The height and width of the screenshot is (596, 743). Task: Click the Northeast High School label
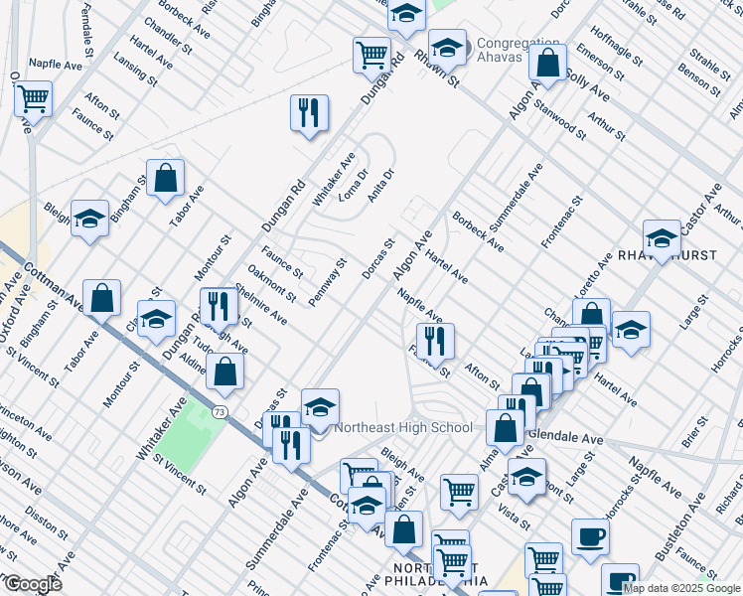(x=403, y=428)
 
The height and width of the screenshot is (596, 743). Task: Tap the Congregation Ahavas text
(x=518, y=51)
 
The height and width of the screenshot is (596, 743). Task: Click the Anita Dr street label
(x=381, y=186)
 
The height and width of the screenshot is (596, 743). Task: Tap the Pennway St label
(x=327, y=282)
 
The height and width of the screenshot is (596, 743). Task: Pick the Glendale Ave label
(x=565, y=437)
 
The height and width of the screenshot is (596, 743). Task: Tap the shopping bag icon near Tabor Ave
(x=166, y=179)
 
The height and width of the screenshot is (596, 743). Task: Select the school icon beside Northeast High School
(x=320, y=407)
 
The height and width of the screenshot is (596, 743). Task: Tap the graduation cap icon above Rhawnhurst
(x=662, y=237)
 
